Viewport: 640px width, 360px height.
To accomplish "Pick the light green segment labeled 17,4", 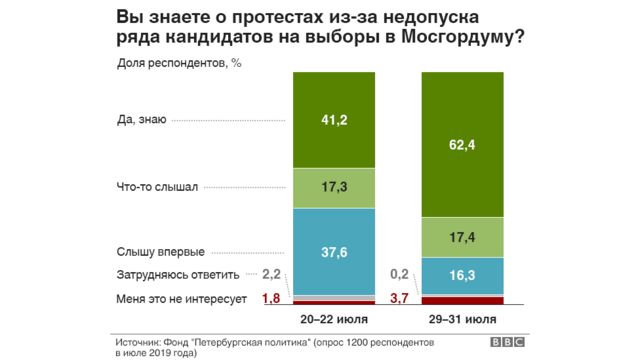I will tap(466, 237).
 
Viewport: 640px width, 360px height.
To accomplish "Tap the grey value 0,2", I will tap(400, 273).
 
